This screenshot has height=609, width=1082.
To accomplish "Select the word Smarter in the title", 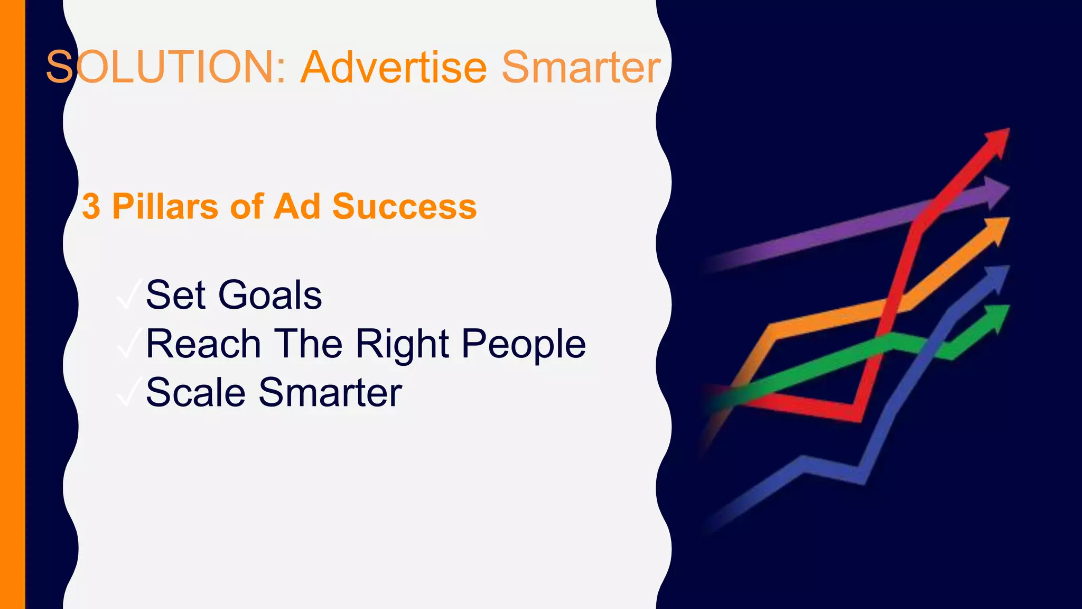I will pyautogui.click(x=581, y=67).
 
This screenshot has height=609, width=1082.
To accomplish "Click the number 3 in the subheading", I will pyautogui.click(x=91, y=206).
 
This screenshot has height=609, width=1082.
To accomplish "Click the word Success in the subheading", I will pyautogui.click(x=404, y=206).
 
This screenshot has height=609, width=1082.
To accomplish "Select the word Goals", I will pyautogui.click(x=270, y=295).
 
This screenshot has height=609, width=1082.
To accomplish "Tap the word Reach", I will pyautogui.click(x=203, y=344).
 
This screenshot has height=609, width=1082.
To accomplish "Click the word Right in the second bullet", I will pyautogui.click(x=402, y=344).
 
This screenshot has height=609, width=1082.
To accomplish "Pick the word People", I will pyautogui.click(x=524, y=344).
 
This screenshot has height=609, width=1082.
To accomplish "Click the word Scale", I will pyautogui.click(x=195, y=393).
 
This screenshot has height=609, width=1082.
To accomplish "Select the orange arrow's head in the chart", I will pyautogui.click(x=996, y=229).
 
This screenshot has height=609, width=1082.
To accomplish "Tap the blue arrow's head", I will pyautogui.click(x=996, y=278).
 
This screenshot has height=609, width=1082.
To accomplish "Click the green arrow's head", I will pyautogui.click(x=996, y=317).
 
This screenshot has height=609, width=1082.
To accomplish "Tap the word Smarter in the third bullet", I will pyautogui.click(x=330, y=393).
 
